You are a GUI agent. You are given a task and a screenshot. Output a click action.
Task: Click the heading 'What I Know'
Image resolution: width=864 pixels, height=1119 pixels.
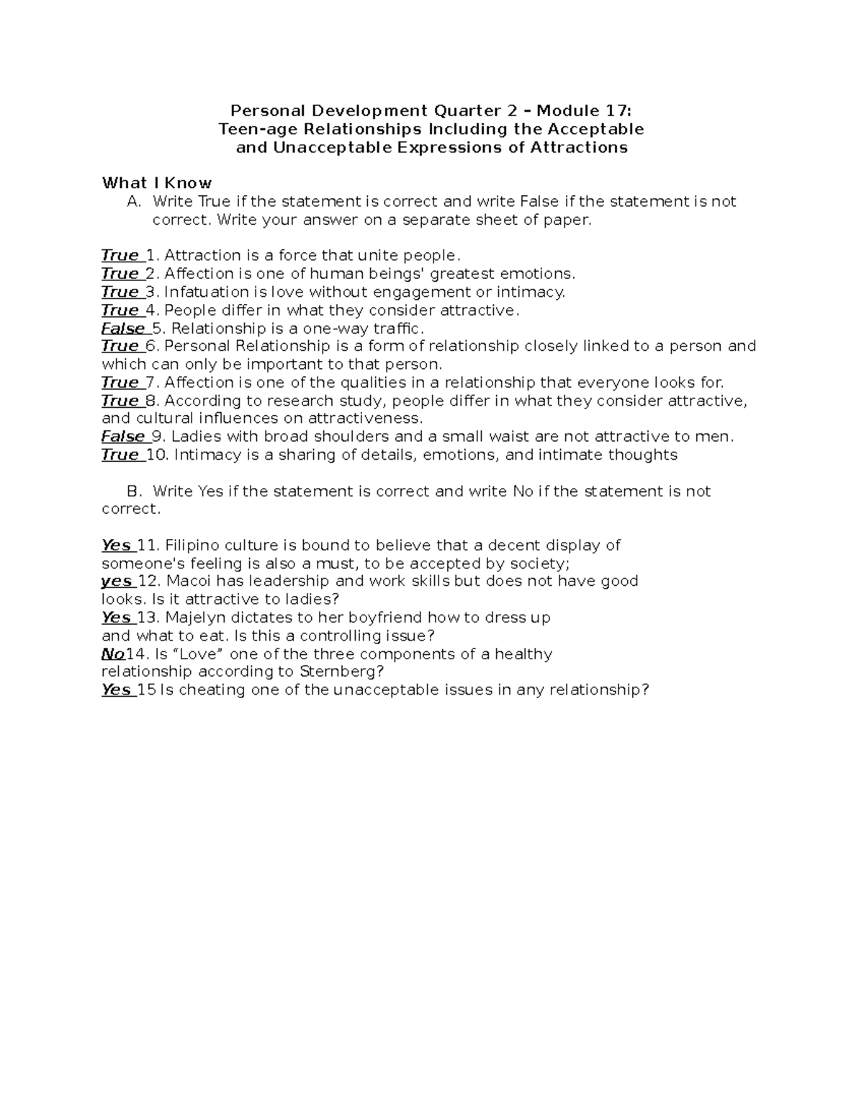tap(156, 183)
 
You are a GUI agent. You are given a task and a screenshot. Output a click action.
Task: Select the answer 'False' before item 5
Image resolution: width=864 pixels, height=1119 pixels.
tap(123, 329)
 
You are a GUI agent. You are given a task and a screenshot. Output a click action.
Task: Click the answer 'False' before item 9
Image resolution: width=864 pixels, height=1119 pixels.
tap(123, 437)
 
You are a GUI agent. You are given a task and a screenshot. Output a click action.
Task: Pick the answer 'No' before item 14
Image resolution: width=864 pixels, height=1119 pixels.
tap(113, 654)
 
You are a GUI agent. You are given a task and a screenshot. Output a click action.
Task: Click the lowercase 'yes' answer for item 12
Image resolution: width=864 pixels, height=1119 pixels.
tap(116, 581)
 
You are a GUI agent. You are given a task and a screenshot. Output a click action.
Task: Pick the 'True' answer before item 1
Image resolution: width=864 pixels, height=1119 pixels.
tap(120, 256)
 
